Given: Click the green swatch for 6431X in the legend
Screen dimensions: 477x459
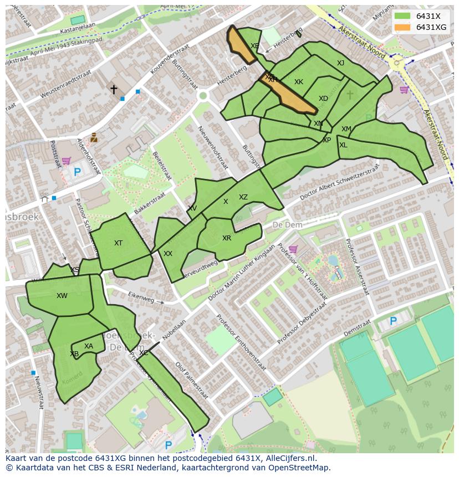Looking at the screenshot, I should click(x=402, y=16).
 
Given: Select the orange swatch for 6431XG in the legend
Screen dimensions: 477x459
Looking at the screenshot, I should click(x=402, y=27).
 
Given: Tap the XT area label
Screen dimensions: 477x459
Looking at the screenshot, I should click(x=118, y=243).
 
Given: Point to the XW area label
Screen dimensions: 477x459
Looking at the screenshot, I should click(x=62, y=296).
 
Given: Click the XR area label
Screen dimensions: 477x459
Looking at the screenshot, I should click(x=227, y=238).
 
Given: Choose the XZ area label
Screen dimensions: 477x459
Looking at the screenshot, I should click(x=243, y=197).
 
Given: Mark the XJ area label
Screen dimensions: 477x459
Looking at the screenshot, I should click(x=340, y=63).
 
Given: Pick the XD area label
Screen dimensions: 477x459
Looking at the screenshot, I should click(x=323, y=99).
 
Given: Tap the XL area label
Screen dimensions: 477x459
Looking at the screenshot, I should click(x=343, y=145).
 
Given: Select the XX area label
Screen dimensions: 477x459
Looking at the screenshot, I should click(x=168, y=254).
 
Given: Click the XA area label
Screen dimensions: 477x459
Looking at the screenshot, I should click(x=89, y=346).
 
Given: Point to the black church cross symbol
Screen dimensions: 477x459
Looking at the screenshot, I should click(x=114, y=89).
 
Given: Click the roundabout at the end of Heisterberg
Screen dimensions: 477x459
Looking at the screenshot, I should click(x=203, y=96).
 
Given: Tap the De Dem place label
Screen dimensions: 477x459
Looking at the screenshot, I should click(x=286, y=225).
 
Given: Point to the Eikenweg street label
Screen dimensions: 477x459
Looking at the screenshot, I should click(x=139, y=296).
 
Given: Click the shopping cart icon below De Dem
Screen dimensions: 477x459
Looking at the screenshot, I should click(x=293, y=249).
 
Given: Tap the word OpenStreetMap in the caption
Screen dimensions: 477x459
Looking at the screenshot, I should click(x=299, y=468).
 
